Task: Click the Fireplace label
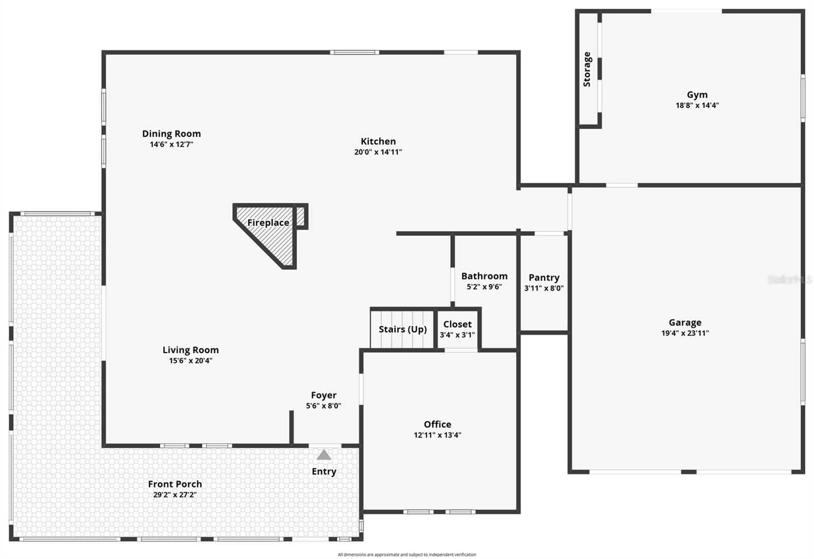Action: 268,223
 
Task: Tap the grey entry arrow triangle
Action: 324,455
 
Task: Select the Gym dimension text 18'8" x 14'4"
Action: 697,106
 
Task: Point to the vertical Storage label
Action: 587,69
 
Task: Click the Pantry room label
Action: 544,277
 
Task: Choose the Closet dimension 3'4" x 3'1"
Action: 457,335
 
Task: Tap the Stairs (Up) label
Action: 402,329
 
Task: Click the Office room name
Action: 438,424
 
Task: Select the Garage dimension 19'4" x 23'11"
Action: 685,333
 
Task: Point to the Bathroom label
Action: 484,276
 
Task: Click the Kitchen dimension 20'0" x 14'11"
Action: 378,152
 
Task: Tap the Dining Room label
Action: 171,134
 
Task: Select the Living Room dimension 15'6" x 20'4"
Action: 191,361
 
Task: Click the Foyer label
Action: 324,395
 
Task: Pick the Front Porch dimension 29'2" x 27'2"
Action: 175,495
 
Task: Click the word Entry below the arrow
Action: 324,472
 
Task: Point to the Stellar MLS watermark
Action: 790,279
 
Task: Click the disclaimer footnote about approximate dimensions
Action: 407,554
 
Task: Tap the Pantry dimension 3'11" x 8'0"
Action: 544,288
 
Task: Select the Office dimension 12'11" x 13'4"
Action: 438,435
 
